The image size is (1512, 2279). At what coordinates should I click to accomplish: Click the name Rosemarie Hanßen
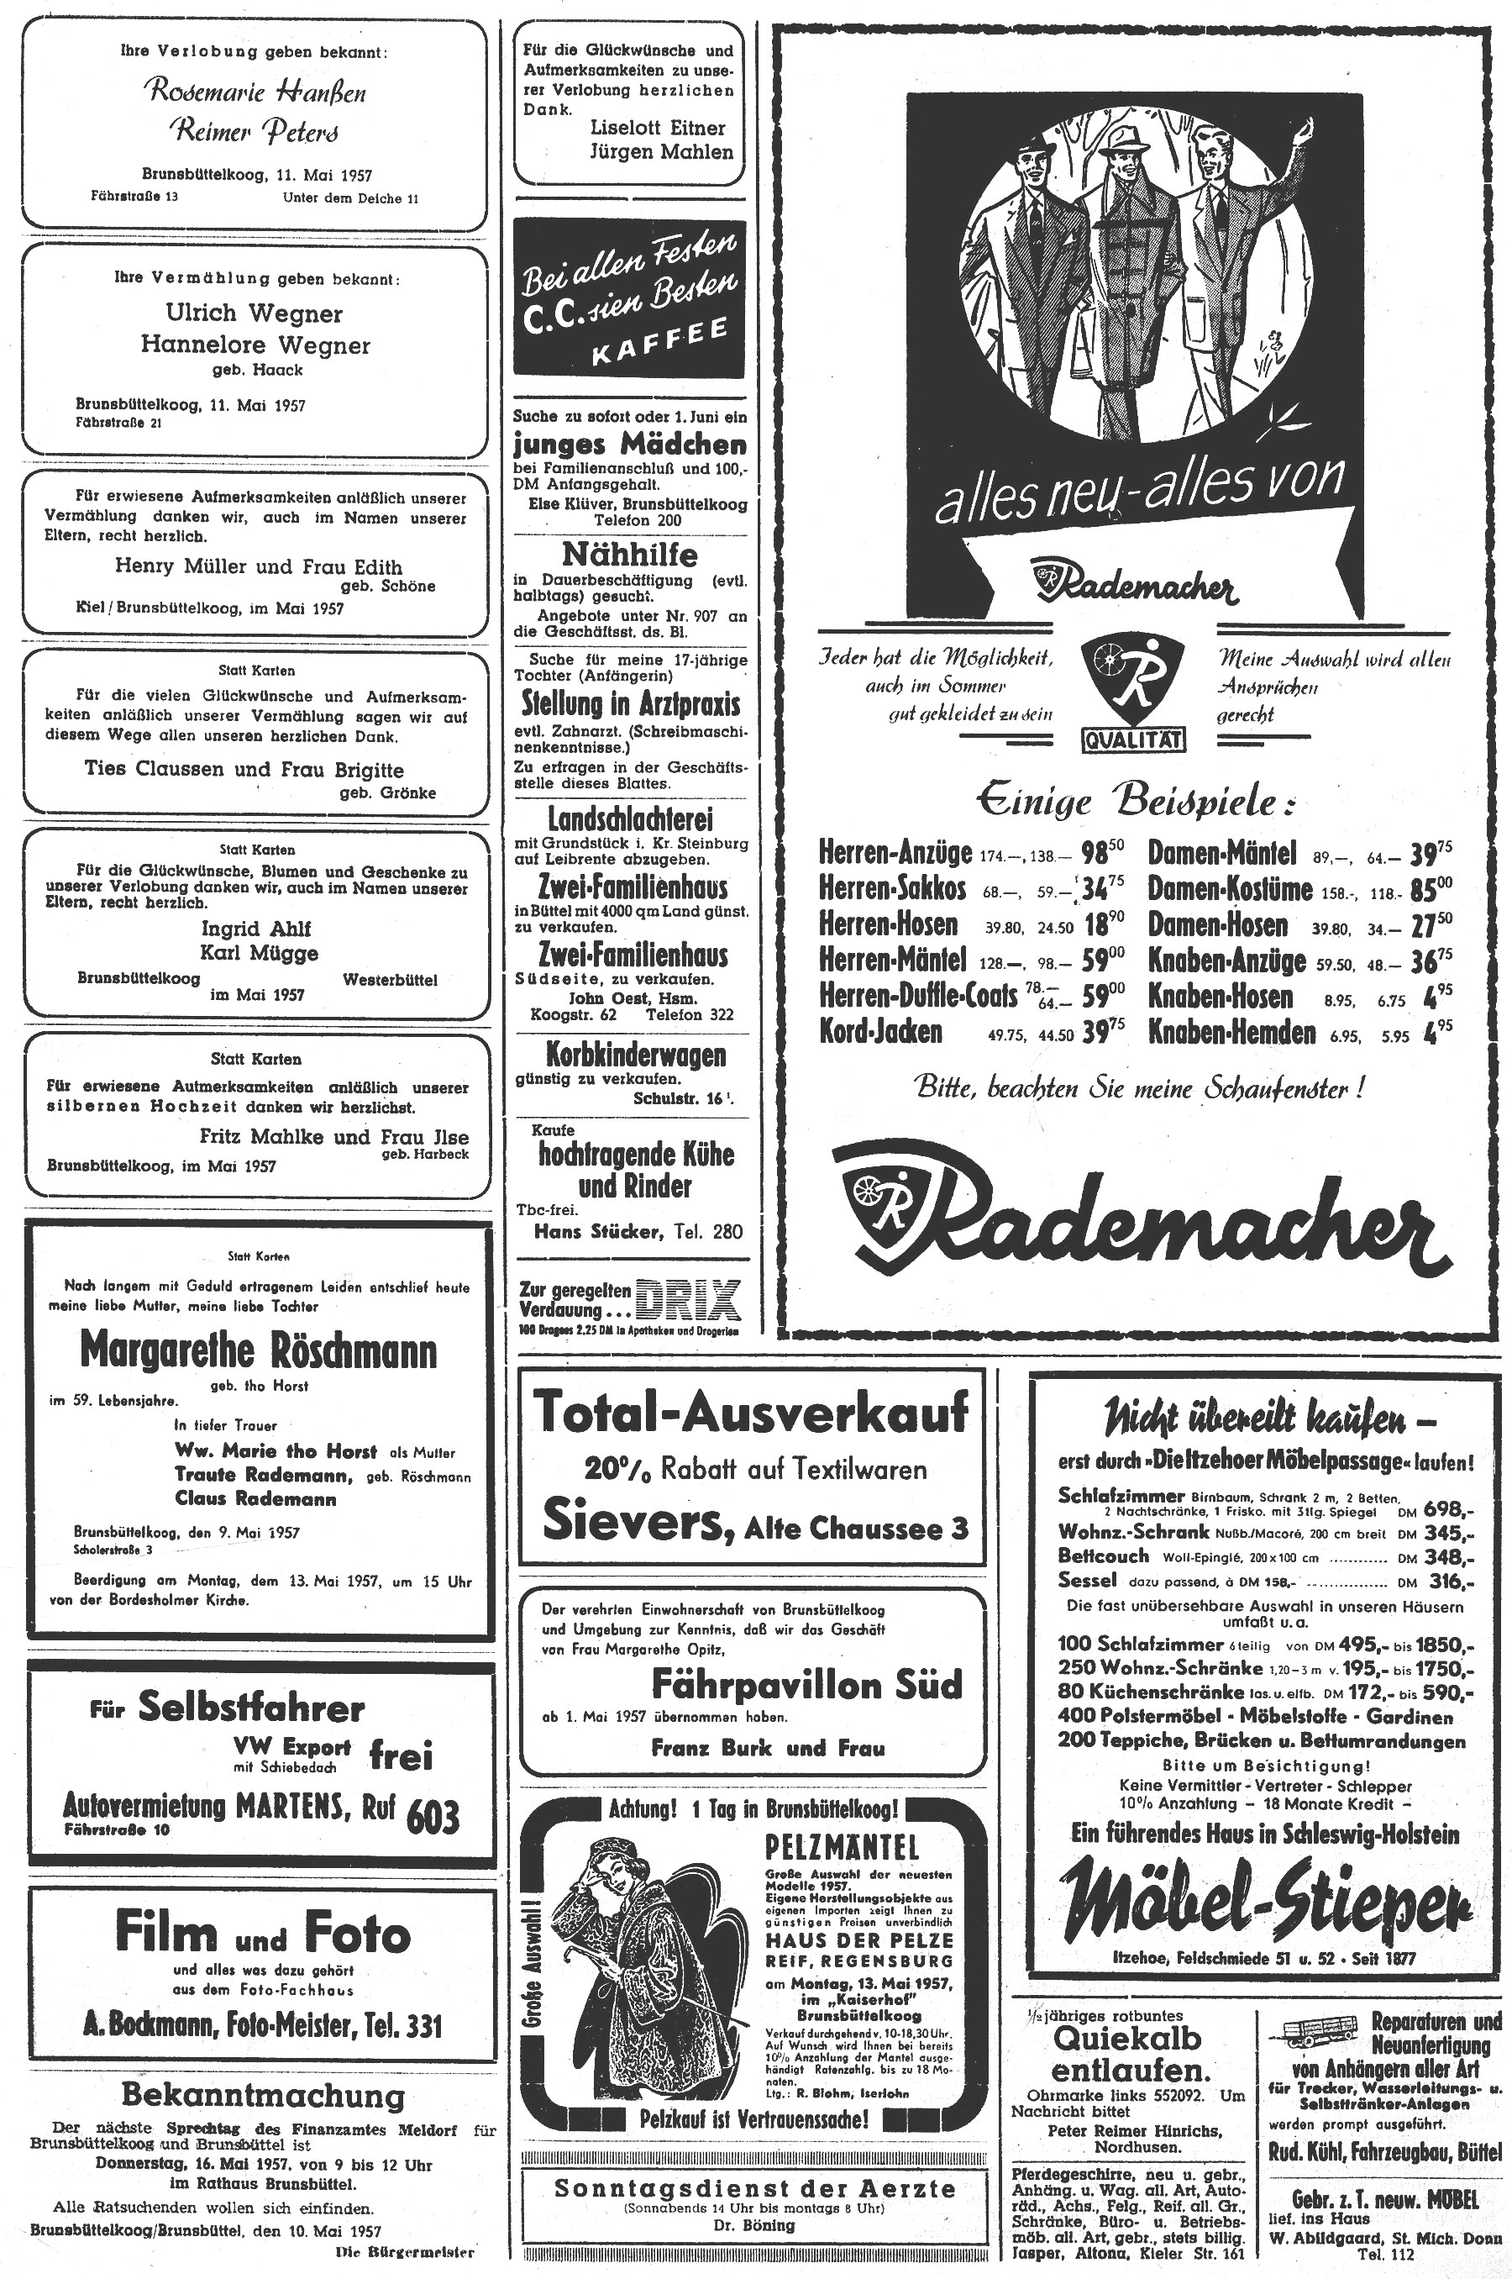point(255,92)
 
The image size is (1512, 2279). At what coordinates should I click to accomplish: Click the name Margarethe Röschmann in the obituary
point(258,1351)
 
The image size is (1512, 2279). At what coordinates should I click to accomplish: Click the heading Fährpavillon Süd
point(806,1685)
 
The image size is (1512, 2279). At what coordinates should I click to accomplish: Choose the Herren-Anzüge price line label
point(895,854)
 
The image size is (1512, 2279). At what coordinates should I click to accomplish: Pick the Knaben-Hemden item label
point(1231,1032)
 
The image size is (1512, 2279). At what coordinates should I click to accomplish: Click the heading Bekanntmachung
point(263,2096)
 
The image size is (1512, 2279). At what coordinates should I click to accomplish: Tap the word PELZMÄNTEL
point(842,1846)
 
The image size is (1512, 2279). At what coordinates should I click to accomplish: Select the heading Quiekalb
point(1127,2038)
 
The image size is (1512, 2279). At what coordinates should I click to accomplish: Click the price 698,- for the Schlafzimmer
point(1449,1509)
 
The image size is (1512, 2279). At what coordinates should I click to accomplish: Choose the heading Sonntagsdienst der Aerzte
point(755,2188)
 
